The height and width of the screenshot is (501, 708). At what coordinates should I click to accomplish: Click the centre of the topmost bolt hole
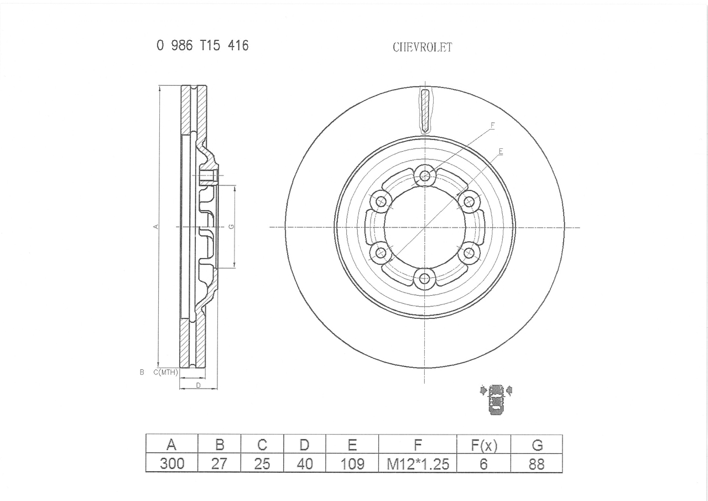(x=425, y=175)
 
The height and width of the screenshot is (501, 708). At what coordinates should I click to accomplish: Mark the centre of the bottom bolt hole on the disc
(x=424, y=279)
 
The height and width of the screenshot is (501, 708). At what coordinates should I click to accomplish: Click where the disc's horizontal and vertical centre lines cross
(x=424, y=227)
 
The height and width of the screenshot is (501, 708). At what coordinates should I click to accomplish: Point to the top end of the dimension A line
(x=159, y=86)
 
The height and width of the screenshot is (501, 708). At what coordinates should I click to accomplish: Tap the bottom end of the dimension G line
(x=235, y=267)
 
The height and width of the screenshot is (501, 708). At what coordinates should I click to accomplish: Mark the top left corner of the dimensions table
(x=146, y=435)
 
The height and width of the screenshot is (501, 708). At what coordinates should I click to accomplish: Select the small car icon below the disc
(x=496, y=399)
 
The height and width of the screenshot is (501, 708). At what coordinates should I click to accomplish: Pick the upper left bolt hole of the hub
(x=381, y=201)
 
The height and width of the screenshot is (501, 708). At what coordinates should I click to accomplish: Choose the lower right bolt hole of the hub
(x=469, y=252)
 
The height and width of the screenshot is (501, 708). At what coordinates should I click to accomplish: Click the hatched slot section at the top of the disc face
(x=425, y=111)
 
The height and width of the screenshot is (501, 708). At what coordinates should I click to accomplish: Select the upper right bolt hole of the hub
(x=470, y=201)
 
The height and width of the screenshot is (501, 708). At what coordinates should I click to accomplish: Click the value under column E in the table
(x=352, y=464)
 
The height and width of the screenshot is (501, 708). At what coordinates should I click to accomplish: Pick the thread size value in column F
(x=418, y=464)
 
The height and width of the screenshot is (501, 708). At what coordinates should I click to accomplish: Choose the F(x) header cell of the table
(x=483, y=445)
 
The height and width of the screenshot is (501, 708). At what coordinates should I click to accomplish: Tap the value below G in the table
(x=537, y=464)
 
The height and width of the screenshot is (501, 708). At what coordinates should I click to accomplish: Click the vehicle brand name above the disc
(x=422, y=48)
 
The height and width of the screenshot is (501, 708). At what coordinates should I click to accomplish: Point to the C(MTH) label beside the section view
(x=165, y=372)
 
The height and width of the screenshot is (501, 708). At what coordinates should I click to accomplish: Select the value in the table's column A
(x=172, y=464)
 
